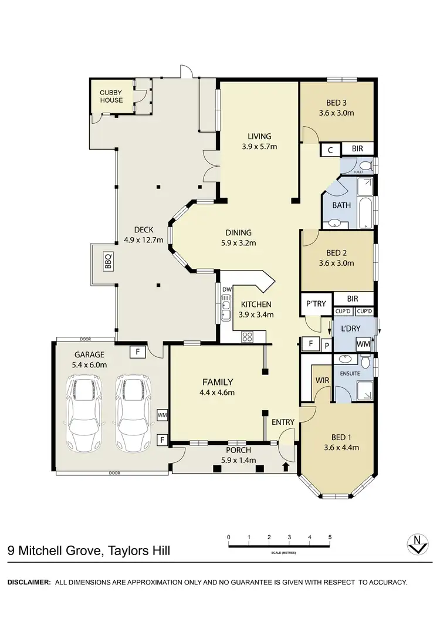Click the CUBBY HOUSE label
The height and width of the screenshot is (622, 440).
point(111,96)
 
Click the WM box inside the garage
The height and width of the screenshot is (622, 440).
point(163,415)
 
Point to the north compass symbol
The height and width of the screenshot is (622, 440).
point(417,544)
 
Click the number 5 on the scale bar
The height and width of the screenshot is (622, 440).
point(330,537)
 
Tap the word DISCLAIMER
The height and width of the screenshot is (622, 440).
point(29,582)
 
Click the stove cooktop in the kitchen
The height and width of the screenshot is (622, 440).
point(248,337)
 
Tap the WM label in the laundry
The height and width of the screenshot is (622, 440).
point(363,343)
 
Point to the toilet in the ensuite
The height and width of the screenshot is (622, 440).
point(365,362)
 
